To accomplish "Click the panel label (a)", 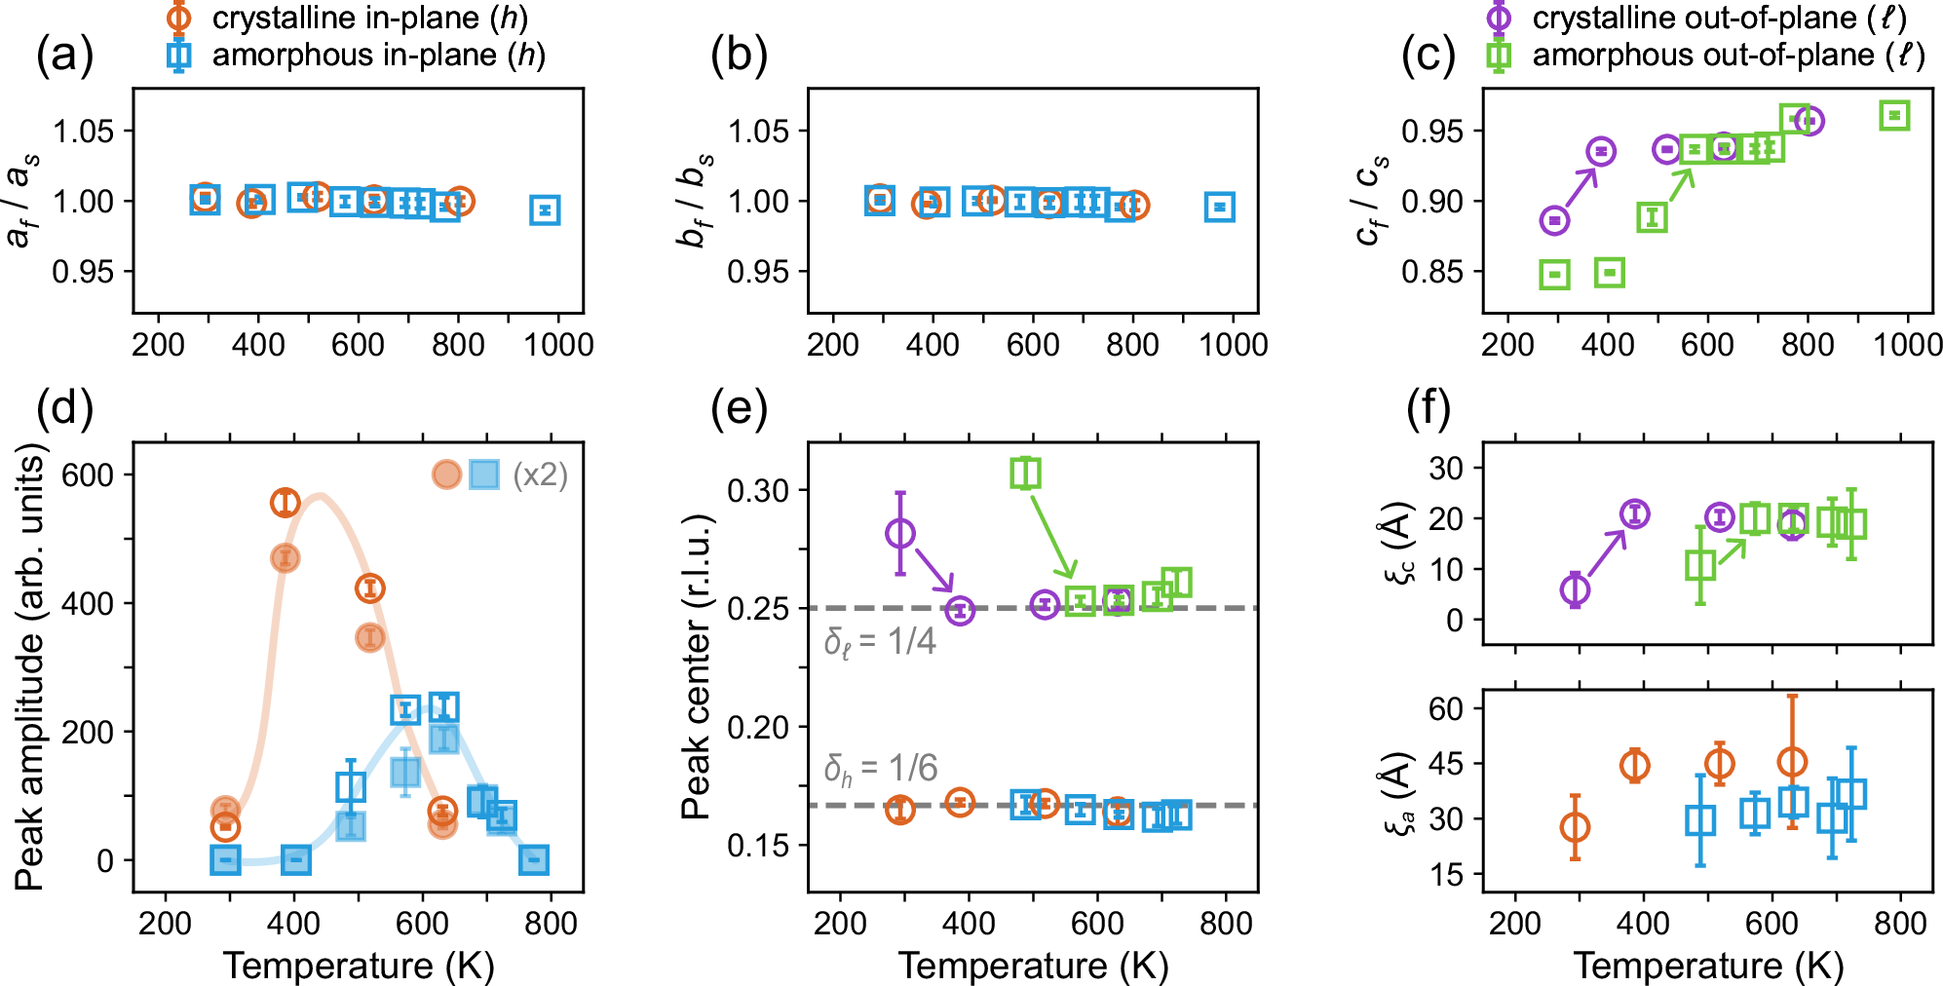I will (x=64, y=55).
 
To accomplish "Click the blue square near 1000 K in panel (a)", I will (x=545, y=209).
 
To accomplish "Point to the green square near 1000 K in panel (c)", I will (x=1893, y=116).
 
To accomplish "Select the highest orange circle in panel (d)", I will (x=285, y=502).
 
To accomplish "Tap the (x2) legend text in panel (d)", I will (x=540, y=474).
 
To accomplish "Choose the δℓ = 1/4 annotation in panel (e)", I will (x=880, y=642).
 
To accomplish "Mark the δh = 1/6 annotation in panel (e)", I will (x=880, y=769).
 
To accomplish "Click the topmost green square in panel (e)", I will (x=1025, y=473).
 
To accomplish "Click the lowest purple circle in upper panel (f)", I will (x=1575, y=589).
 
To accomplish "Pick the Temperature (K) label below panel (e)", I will (x=1033, y=965).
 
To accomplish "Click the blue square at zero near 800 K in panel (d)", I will (x=532, y=859).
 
